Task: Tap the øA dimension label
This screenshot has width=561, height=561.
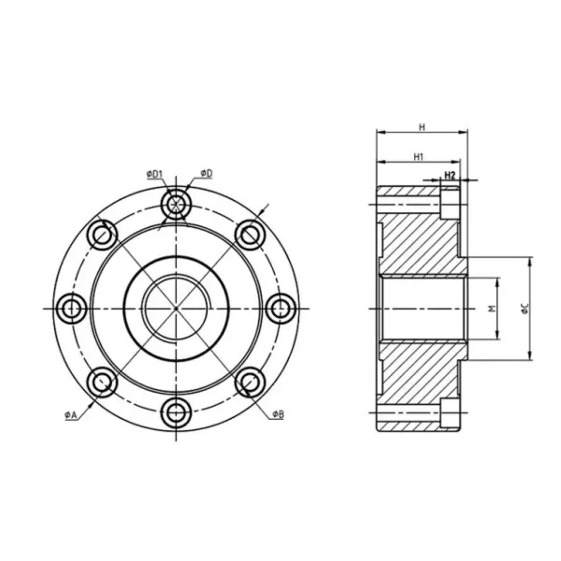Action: (x=71, y=415)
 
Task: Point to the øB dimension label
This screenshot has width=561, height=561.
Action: (x=279, y=413)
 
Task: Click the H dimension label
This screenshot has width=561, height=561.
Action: (x=422, y=126)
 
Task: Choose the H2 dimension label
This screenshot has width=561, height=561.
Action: (x=450, y=175)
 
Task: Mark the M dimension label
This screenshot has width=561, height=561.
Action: (x=491, y=309)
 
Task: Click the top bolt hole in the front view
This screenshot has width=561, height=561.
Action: (x=176, y=204)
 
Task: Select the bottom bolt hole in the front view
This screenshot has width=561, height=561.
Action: (x=176, y=411)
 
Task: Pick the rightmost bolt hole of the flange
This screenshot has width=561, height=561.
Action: (x=280, y=308)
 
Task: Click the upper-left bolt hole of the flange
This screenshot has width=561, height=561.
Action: (x=102, y=234)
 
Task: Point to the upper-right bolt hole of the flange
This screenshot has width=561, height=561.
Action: (x=249, y=234)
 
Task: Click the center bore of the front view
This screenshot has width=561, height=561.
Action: (x=176, y=308)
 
